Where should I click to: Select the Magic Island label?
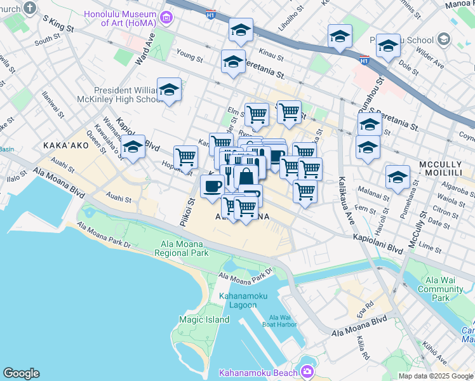[204, 319]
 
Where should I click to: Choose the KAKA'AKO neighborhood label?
[64, 145]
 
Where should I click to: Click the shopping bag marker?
[246, 177]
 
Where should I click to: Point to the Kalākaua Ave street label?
[349, 203]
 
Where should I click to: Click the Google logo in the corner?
[21, 373]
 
